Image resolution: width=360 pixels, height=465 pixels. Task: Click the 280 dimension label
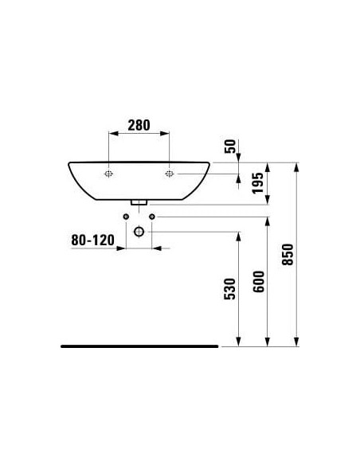coord(139,125)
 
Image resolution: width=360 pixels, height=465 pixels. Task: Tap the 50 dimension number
coord(231,146)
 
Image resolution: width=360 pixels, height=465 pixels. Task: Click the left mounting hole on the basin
coord(108,174)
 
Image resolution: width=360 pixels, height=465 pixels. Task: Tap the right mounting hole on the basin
coord(170,174)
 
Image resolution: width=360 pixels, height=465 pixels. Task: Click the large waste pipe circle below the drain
coord(139,232)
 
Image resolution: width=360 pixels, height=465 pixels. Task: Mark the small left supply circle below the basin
coord(126,217)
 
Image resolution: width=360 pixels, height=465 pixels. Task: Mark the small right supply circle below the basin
coord(153,217)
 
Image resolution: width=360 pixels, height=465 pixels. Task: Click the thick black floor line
coord(139,346)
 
